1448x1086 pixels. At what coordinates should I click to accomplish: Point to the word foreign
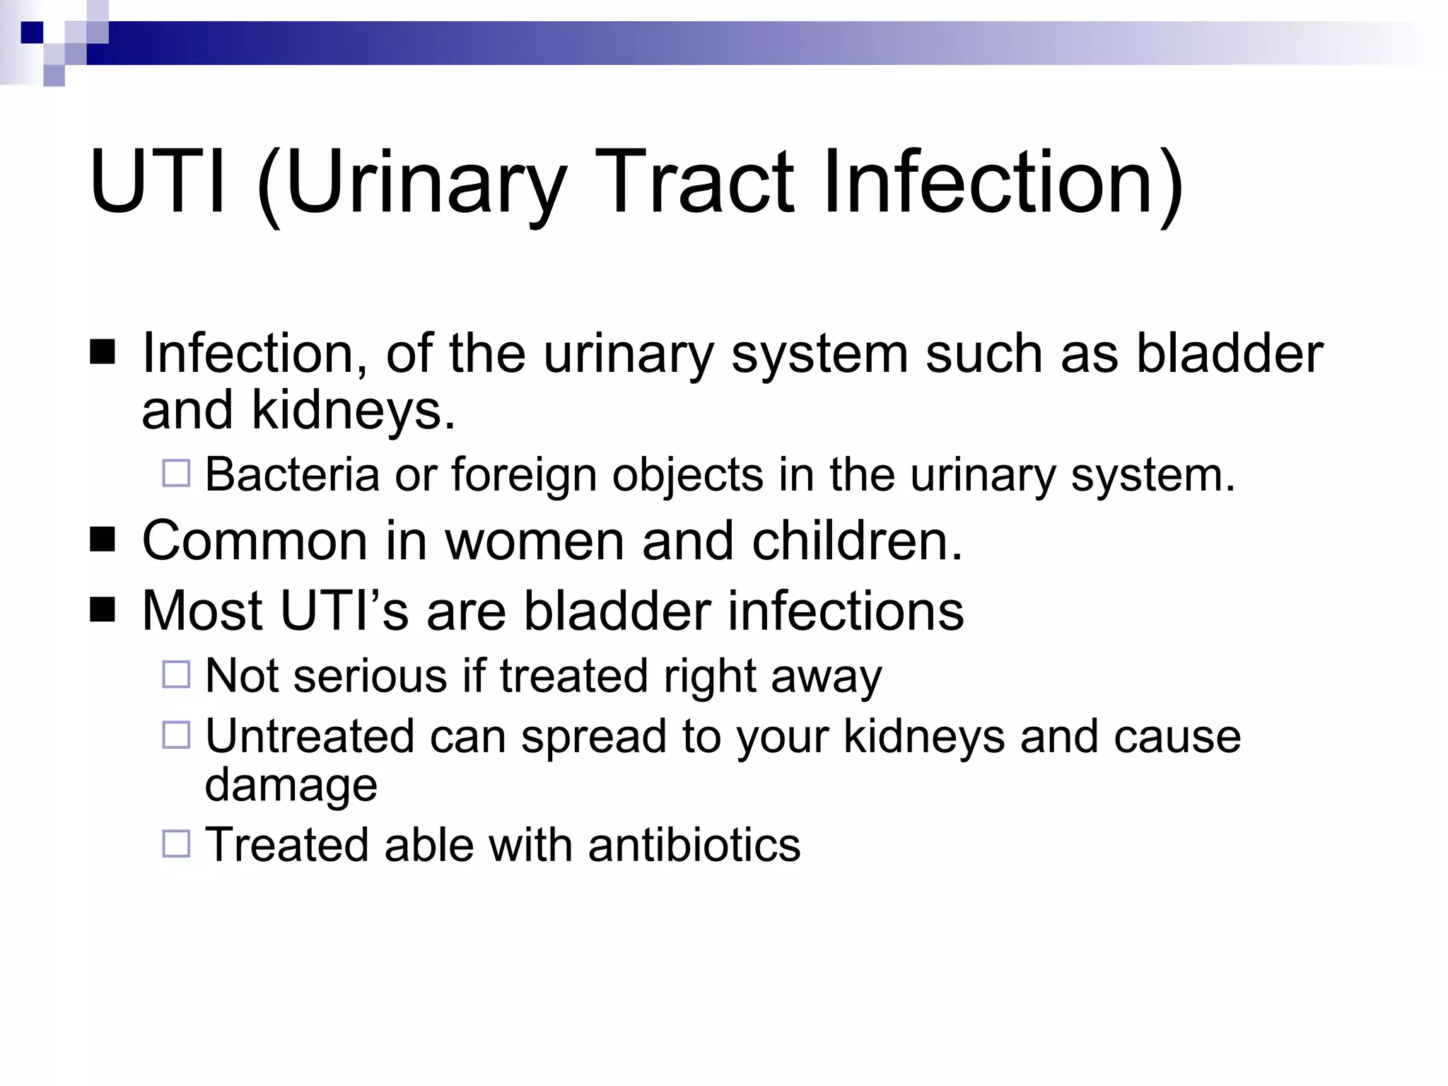(x=524, y=474)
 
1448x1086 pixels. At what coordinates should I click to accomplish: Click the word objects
(x=687, y=474)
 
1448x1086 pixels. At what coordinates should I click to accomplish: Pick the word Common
(x=255, y=541)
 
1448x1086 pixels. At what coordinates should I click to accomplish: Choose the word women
(x=535, y=541)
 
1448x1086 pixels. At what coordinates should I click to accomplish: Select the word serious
(x=370, y=676)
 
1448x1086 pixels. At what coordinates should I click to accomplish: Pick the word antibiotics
(x=694, y=845)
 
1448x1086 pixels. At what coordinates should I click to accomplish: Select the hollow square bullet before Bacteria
(x=176, y=473)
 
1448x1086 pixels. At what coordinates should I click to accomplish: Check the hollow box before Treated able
(x=176, y=843)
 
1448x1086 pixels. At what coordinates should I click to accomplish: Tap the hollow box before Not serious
(x=176, y=675)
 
